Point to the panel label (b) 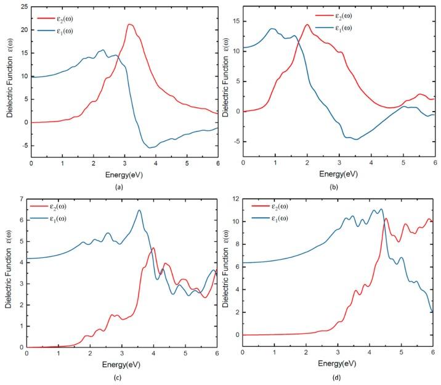click(x=339, y=185)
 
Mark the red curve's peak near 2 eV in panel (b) click(x=307, y=25)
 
